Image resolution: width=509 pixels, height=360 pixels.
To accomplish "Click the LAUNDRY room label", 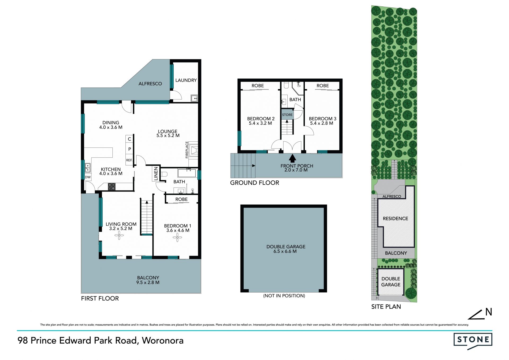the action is [x=186, y=80].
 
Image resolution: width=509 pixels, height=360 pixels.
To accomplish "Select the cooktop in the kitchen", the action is [x=112, y=186].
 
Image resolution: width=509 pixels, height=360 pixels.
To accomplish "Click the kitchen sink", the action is [x=87, y=168].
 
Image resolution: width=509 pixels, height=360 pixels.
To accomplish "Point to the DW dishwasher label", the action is [x=88, y=177].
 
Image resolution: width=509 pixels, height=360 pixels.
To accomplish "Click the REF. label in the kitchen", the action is [x=129, y=160].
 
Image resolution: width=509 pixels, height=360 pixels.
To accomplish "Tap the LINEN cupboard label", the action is [x=156, y=174].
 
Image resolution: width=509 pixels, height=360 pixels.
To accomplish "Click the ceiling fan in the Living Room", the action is [x=119, y=235].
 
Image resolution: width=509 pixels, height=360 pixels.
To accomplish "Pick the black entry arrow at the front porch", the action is [x=292, y=158].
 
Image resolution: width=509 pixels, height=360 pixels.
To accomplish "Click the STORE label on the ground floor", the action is [x=287, y=115].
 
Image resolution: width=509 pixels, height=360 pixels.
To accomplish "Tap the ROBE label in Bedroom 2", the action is [x=258, y=86].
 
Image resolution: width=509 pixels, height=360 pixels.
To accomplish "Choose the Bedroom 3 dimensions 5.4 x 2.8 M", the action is [x=322, y=123].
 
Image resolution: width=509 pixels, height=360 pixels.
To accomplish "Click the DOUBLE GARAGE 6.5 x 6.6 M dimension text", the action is [x=285, y=251].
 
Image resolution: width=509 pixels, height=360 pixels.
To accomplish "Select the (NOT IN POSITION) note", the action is [x=284, y=296].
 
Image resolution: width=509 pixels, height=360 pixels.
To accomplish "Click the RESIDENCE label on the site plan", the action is [x=396, y=219].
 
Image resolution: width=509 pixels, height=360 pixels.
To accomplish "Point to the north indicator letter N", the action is [x=489, y=312].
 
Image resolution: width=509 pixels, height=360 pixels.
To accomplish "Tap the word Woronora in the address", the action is [x=163, y=340].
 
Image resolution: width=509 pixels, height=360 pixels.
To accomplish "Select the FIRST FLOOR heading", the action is [x=100, y=298].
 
